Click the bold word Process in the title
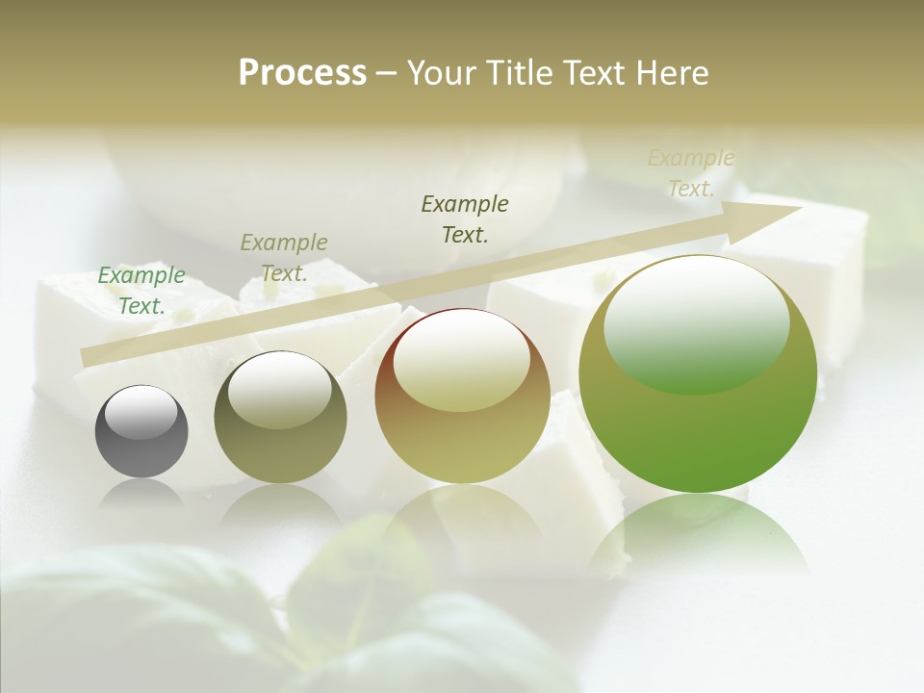(x=302, y=73)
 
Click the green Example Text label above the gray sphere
(x=141, y=291)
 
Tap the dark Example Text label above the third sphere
(x=465, y=218)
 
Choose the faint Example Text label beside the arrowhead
(x=691, y=173)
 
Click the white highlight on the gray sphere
(x=141, y=412)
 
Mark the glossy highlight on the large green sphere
(x=696, y=322)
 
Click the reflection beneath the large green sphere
(x=698, y=534)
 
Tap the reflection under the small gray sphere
(x=141, y=493)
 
